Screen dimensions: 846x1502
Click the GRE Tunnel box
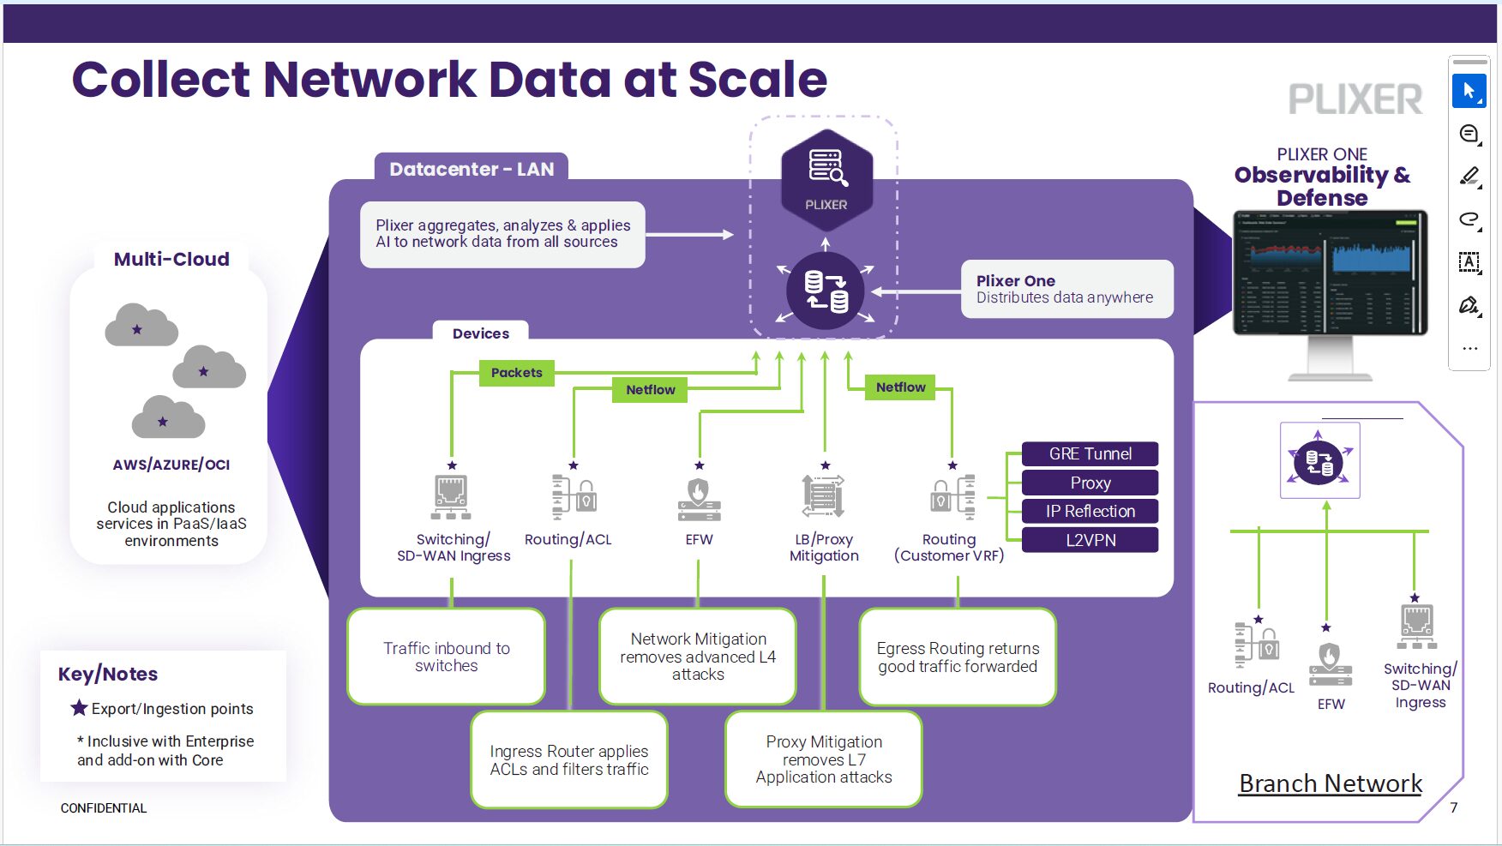(1090, 454)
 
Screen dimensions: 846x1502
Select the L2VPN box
(1090, 540)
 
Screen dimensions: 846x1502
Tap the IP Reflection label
(1090, 512)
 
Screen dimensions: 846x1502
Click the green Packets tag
(516, 373)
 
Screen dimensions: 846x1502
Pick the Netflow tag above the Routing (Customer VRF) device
(900, 387)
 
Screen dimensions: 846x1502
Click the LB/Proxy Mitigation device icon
(823, 496)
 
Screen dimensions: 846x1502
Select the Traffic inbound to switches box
(446, 657)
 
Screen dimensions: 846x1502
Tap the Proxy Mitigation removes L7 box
(823, 759)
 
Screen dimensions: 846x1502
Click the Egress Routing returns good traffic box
(957, 657)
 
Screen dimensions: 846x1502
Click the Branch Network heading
(1330, 783)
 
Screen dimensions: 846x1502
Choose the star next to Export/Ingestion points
(79, 708)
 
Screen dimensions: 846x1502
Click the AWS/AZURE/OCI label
(171, 465)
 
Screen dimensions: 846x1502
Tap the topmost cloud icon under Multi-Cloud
(141, 326)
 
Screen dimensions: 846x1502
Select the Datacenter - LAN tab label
(472, 169)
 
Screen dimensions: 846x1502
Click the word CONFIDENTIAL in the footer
(104, 808)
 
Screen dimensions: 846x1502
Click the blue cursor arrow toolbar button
(1469, 91)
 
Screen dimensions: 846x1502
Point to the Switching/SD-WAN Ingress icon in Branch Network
(1416, 626)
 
